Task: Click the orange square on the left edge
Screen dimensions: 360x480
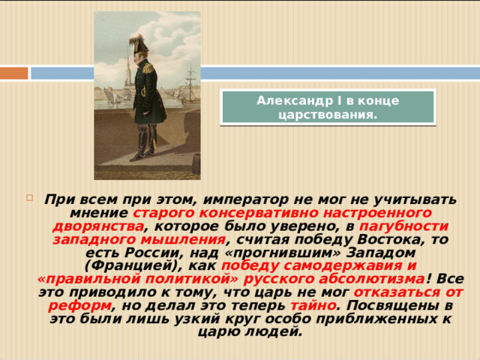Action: pos(13,73)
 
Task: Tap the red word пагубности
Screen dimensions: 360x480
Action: pos(404,226)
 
